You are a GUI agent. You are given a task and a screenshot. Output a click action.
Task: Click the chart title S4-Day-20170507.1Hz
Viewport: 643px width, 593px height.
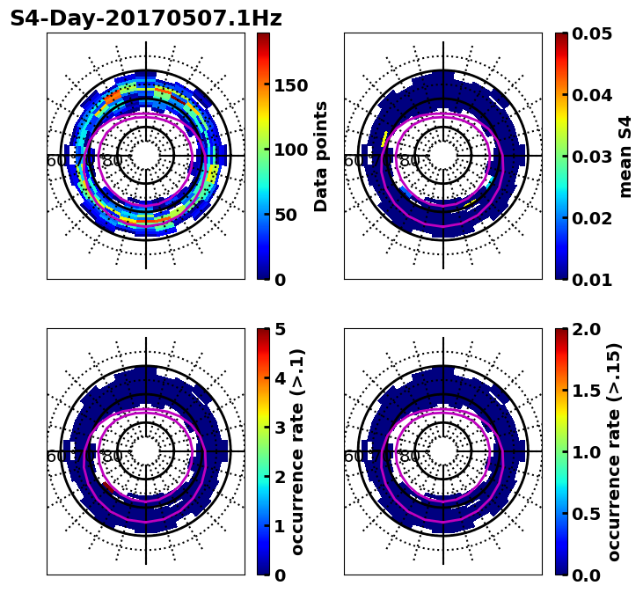pos(146,18)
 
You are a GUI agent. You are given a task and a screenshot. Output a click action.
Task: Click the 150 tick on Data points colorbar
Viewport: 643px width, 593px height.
pos(290,85)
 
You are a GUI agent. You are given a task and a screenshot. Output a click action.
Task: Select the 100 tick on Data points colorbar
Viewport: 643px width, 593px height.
pos(290,150)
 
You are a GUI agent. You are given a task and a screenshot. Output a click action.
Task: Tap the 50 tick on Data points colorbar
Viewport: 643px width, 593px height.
pos(285,215)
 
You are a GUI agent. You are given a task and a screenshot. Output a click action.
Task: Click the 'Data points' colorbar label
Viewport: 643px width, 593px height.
pos(321,157)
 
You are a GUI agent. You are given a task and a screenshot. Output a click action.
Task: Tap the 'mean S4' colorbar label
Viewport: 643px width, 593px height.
pos(625,157)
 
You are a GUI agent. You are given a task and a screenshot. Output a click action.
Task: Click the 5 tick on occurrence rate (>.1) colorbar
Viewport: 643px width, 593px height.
pos(281,329)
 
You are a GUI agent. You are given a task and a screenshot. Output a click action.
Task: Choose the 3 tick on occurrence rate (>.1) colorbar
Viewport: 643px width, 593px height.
pos(281,428)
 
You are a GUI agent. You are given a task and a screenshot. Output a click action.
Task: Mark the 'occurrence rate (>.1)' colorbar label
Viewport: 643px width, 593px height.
pos(298,452)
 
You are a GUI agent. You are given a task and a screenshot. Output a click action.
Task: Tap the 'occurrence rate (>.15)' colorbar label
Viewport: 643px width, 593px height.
pos(614,452)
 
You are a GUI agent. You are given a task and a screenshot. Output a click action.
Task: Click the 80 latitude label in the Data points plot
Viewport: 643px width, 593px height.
pos(113,161)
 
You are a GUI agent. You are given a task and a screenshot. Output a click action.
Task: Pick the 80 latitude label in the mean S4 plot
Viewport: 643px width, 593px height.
pos(410,161)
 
